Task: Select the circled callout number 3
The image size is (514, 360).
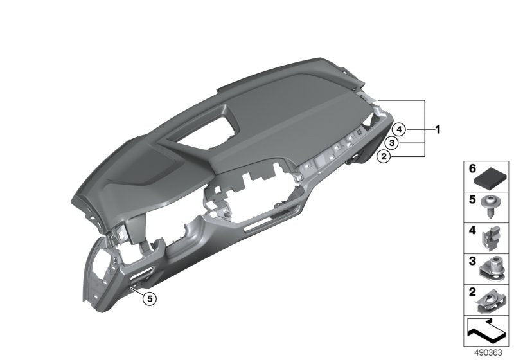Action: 391,142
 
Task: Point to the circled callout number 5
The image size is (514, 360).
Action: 149,298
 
